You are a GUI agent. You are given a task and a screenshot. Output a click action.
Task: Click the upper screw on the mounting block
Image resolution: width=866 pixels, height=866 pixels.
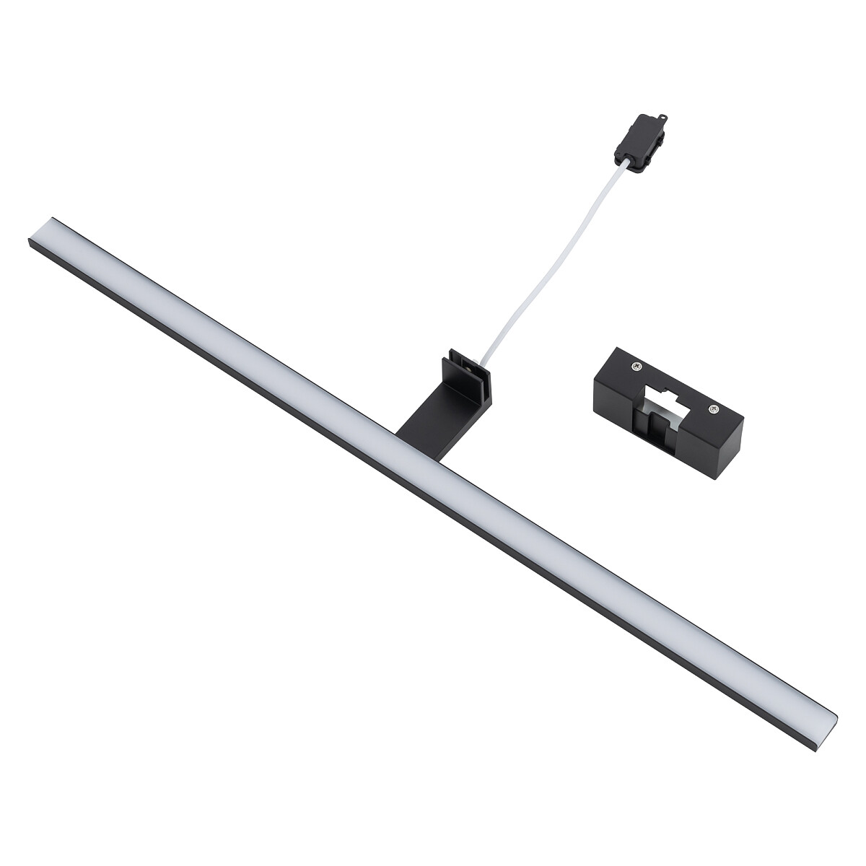tap(634, 367)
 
